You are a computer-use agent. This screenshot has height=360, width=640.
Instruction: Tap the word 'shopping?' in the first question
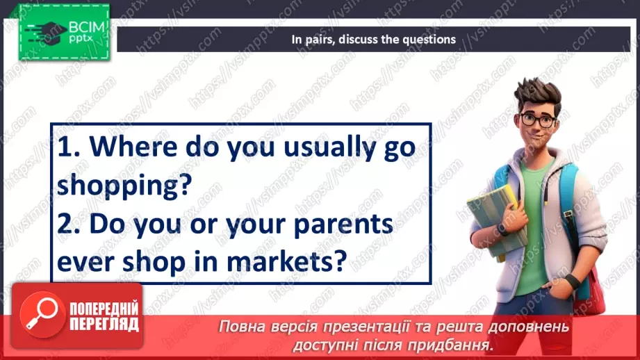pos(124,186)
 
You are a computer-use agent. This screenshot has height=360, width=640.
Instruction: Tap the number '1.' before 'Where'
pos(70,149)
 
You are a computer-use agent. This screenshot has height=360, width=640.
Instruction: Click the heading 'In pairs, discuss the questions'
pos(373,40)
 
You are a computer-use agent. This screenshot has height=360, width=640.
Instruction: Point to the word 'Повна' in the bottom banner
pos(240,327)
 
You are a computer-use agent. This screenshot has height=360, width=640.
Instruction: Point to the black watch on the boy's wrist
pos(571,282)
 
